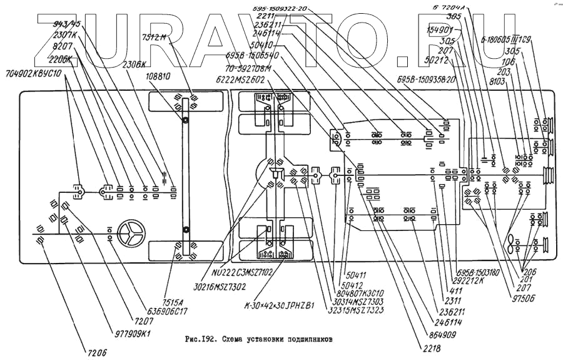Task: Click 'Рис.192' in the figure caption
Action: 200,339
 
